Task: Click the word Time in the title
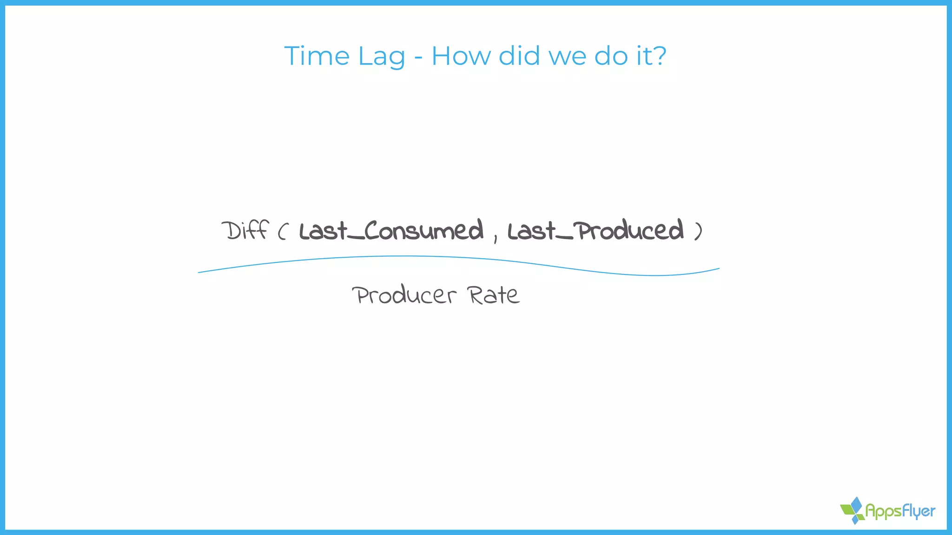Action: pos(317,56)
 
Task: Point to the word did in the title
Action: pos(519,56)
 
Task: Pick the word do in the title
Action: pos(611,56)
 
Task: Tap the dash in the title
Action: pos(418,58)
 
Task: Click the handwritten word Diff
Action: pos(245,230)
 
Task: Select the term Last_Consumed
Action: pos(391,231)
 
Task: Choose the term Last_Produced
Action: pos(595,231)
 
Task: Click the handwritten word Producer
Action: pos(404,295)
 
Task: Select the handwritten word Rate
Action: pos(493,295)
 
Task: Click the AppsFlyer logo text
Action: pos(900,511)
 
